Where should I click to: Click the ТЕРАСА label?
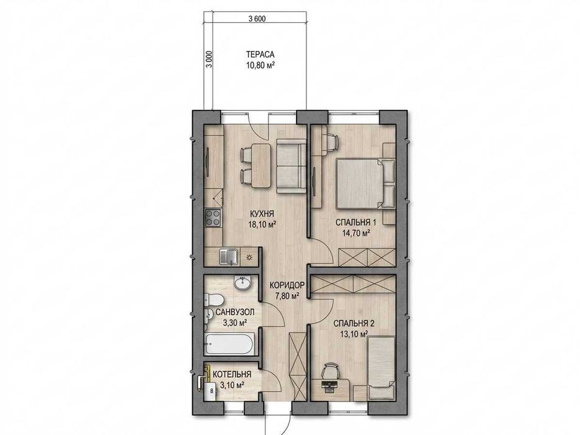click(260, 55)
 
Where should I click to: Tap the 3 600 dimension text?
click(257, 19)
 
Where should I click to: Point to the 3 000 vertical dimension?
click(210, 59)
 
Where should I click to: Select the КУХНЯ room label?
click(262, 214)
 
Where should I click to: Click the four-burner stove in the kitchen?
click(213, 218)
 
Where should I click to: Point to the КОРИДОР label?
click(287, 285)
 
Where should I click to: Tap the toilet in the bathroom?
click(214, 299)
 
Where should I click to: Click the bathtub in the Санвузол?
click(228, 344)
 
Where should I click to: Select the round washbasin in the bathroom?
click(242, 283)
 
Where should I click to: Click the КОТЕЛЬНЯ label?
click(232, 374)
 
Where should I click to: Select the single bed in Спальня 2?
click(381, 368)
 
